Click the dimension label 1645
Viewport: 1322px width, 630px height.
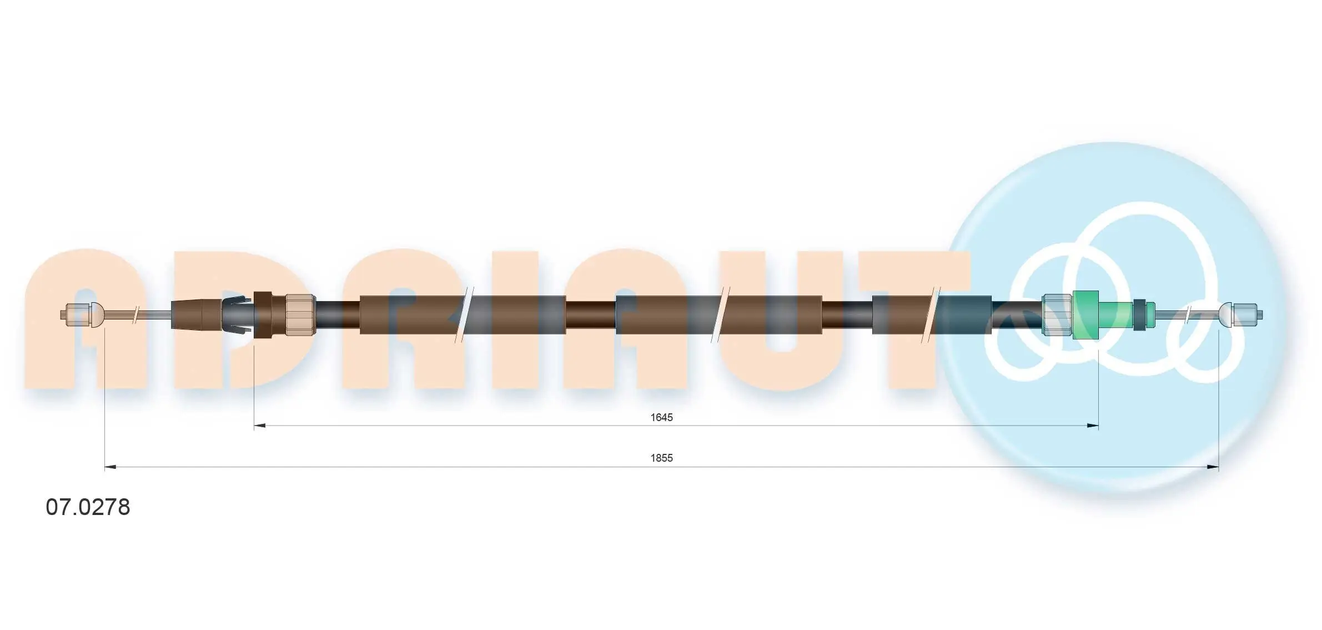pyautogui.click(x=661, y=417)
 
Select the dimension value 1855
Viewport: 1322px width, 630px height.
pyautogui.click(x=661, y=458)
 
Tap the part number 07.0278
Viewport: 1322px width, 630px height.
pyautogui.click(x=88, y=507)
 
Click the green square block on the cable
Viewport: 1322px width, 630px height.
pyautogui.click(x=1085, y=315)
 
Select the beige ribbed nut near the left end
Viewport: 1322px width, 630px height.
pyautogui.click(x=300, y=315)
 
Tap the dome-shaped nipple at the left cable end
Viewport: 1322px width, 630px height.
pyautogui.click(x=97, y=315)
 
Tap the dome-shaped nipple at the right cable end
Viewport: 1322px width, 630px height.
pyautogui.click(x=1225, y=315)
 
